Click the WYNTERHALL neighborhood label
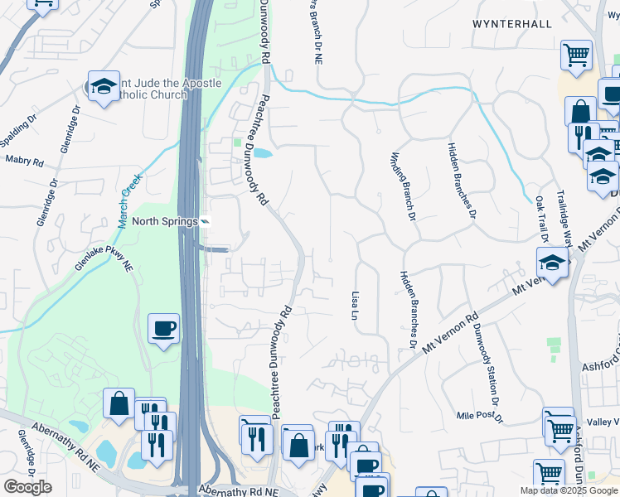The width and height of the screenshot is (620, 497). tap(511, 24)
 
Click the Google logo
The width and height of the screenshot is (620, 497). tap(27, 487)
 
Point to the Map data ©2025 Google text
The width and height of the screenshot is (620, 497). tap(569, 490)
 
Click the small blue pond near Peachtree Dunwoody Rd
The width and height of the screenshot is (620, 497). tap(261, 153)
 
